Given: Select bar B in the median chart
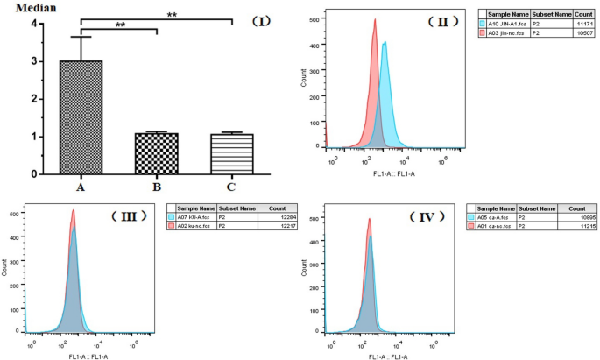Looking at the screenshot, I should [155, 153].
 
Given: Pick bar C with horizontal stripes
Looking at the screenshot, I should [231, 154].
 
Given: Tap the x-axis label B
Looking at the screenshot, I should [155, 186].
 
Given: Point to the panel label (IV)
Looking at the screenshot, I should [430, 215].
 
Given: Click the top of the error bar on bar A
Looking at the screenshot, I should [81, 36].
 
